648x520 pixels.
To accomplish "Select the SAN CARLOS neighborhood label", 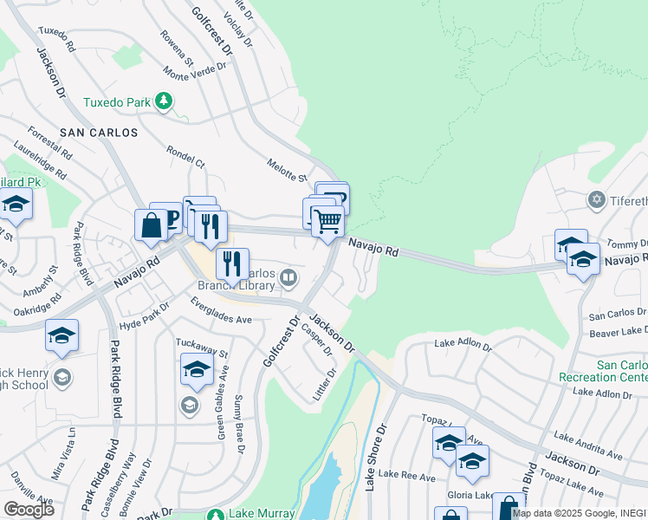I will pos(99,133).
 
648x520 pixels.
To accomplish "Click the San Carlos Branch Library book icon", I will pos(289,277).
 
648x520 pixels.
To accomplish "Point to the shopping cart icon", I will pos(327,221).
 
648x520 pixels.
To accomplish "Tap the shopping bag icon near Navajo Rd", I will pos(151,225).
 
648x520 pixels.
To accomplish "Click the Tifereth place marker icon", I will pos(596,200).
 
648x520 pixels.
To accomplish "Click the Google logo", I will pos(29,509).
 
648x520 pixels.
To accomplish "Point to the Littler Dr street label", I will pos(325,386).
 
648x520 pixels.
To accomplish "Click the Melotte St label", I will pos(288,171).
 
